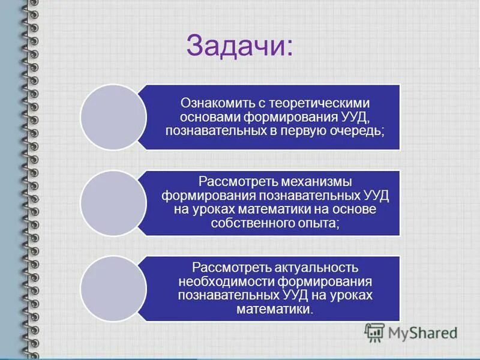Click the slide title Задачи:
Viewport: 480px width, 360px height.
[240, 45]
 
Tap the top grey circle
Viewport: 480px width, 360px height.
[113, 117]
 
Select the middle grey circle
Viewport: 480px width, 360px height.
[113, 203]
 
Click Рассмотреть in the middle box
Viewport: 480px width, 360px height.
[235, 181]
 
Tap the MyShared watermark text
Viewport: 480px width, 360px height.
[423, 332]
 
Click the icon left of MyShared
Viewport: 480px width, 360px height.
[375, 332]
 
